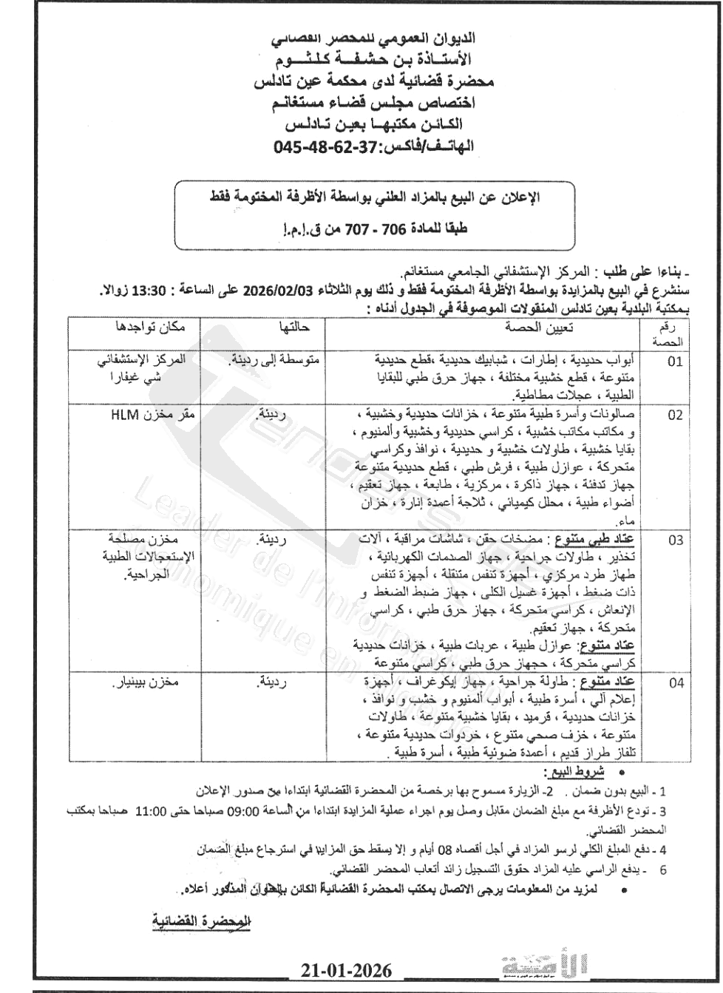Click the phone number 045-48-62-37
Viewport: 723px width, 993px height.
click(x=325, y=147)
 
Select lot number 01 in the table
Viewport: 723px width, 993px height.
click(x=676, y=362)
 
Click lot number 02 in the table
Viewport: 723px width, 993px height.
click(x=676, y=416)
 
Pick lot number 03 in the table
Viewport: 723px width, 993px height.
click(x=676, y=540)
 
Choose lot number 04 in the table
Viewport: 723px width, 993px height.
click(x=676, y=683)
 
